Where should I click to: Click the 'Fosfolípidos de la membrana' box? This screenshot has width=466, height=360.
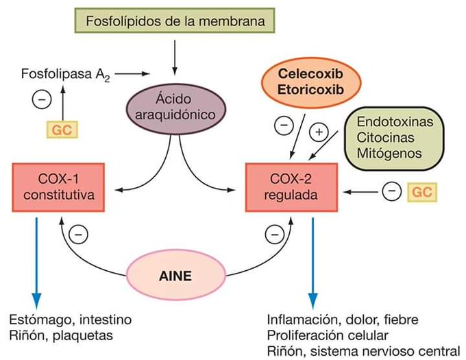point(175,21)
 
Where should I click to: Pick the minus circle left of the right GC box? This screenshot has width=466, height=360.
point(391,191)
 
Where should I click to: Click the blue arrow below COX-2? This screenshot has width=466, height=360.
point(313,261)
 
